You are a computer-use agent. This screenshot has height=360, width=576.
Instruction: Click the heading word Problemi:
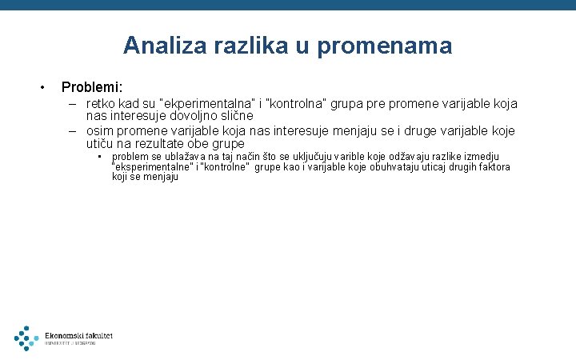coord(92,86)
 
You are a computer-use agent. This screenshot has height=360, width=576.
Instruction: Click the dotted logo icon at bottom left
coord(26,338)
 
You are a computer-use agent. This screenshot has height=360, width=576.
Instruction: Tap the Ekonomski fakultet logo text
coord(78,336)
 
